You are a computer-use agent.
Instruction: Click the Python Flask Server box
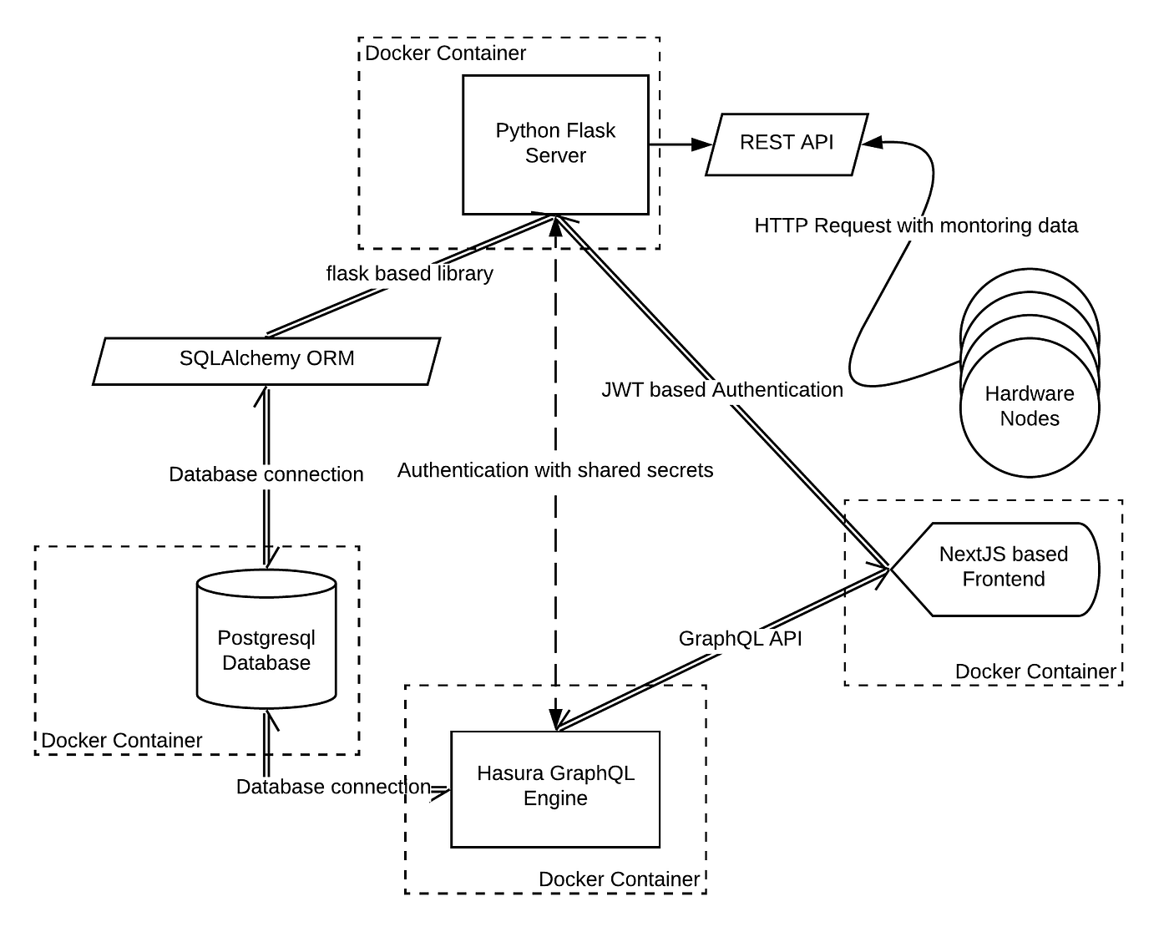coord(555,144)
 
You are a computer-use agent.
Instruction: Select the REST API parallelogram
coord(787,144)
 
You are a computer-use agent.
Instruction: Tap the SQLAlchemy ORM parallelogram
coord(266,360)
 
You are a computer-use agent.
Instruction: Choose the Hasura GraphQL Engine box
coord(555,788)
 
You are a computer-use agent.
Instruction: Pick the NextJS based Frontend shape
coord(1002,568)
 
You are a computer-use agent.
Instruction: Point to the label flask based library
coord(409,274)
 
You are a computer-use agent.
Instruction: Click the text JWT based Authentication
coord(722,390)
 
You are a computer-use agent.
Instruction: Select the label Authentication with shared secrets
coord(555,470)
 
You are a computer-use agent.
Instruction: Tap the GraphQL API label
coord(740,639)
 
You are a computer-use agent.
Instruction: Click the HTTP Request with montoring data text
coord(916,225)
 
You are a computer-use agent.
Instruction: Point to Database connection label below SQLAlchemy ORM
coord(266,474)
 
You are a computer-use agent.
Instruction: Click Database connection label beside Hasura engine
coord(333,787)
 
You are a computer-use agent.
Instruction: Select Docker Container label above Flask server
coord(446,53)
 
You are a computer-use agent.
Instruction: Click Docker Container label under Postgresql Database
coord(122,741)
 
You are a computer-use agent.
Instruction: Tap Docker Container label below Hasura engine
coord(619,879)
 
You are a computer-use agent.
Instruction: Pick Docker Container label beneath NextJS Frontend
coord(1035,671)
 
